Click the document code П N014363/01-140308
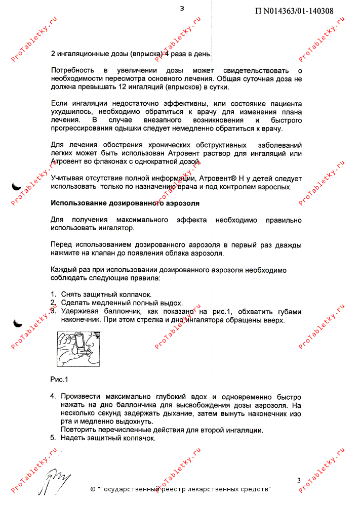294,11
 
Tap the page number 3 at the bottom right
299,480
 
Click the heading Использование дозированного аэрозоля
125,203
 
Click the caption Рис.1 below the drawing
59,379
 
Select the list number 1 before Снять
53,294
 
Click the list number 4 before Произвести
53,397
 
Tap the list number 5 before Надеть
53,438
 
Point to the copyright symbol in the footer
93,490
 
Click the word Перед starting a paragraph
63,245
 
